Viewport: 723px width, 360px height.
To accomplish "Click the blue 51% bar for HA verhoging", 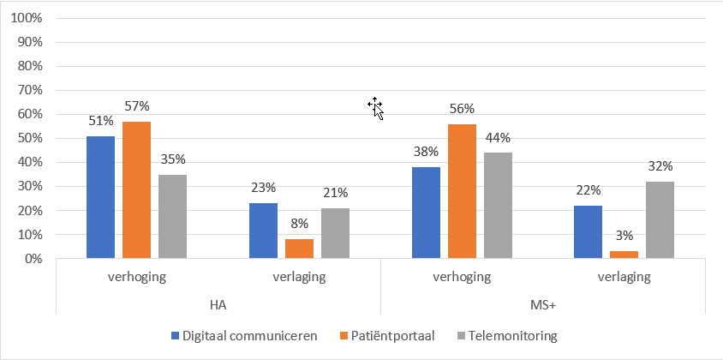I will [100, 197].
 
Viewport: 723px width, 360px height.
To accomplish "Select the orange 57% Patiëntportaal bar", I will [136, 189].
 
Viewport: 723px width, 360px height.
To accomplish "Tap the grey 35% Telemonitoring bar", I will [172, 216].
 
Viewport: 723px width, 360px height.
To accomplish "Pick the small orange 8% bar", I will [299, 249].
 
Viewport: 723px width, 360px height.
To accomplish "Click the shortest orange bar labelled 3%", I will [624, 255].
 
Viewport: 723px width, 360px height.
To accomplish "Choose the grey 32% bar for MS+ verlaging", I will [660, 219].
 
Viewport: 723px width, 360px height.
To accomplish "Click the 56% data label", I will [462, 109].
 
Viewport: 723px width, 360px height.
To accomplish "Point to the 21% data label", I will [335, 193].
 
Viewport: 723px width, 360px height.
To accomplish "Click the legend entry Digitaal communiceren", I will [243, 335].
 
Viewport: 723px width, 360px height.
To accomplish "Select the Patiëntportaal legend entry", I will [387, 335].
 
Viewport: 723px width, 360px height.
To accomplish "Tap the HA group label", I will [218, 304].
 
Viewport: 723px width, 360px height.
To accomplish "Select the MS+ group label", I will [544, 304].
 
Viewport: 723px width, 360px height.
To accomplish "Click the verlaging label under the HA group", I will [299, 277].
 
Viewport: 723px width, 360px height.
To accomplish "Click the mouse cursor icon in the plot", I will [375, 107].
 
